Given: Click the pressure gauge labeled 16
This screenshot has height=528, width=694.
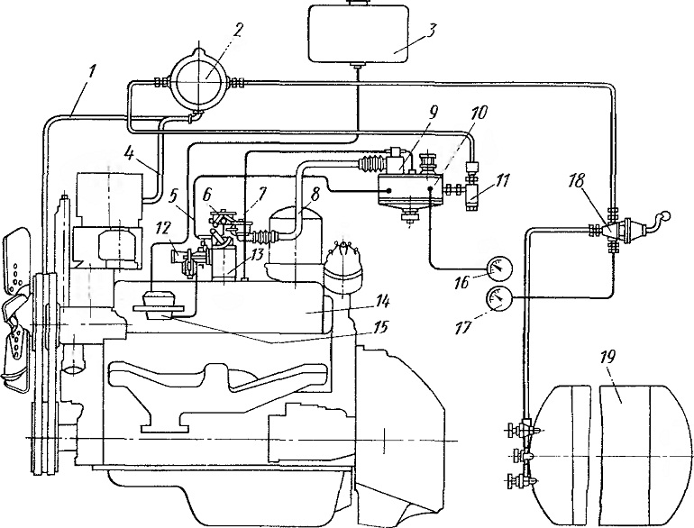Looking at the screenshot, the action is click(499, 269).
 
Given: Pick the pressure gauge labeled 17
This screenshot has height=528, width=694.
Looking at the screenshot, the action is click(499, 299).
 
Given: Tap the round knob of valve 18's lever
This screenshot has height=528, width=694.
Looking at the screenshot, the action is click(664, 217).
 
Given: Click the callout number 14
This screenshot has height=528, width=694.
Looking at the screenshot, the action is click(381, 303).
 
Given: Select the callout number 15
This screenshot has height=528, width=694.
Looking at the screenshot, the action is click(380, 327).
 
